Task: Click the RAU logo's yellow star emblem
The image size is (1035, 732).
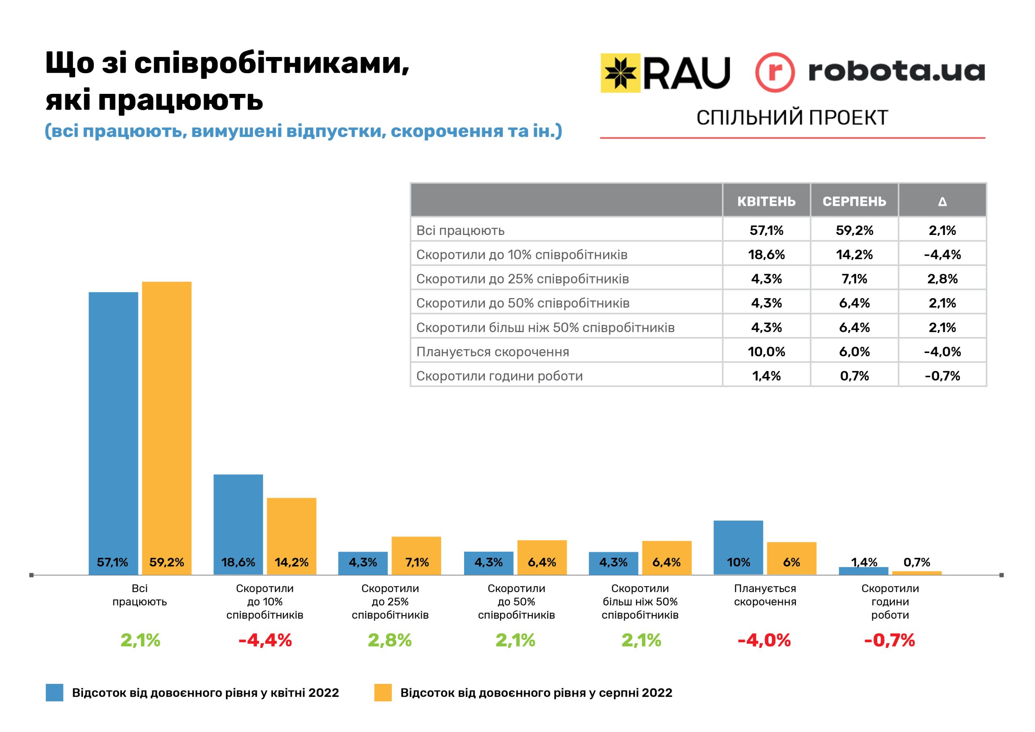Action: pos(620,73)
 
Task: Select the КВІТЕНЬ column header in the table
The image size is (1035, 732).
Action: pos(766,201)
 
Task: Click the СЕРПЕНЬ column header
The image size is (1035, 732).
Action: pos(854,201)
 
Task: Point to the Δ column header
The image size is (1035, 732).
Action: pos(942,201)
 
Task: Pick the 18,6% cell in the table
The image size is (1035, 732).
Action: pos(766,255)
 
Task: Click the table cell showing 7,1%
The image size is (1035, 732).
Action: pos(854,279)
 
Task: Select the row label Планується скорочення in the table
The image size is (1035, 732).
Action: pos(492,352)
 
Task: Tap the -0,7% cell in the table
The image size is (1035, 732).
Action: pos(942,376)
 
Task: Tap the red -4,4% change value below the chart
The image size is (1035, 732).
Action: pos(265,641)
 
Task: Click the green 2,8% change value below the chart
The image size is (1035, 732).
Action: pos(389,641)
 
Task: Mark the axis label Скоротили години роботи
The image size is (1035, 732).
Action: pos(890,602)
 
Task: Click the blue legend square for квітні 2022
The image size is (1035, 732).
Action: pos(55,693)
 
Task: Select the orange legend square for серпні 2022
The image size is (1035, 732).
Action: pos(383,693)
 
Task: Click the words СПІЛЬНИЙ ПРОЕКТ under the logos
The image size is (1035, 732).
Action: pos(792,118)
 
